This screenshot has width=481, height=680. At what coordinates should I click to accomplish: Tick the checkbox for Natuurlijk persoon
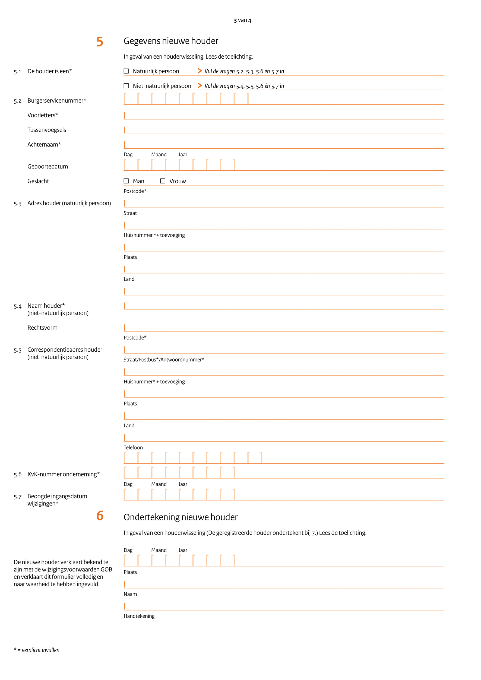point(126,71)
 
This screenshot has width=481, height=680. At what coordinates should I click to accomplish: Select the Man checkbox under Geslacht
point(126,181)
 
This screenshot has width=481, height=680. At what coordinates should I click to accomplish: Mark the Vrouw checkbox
point(163,181)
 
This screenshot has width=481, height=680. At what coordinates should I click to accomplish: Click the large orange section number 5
point(100,42)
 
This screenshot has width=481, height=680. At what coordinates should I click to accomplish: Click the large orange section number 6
point(100,516)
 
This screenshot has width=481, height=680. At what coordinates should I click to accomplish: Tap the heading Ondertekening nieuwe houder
point(180,517)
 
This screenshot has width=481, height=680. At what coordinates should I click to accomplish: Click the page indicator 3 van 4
point(242,20)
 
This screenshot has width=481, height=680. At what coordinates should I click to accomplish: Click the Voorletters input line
point(284,116)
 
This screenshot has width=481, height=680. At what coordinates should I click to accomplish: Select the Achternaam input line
point(284,145)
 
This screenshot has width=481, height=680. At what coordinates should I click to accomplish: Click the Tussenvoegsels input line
point(284,130)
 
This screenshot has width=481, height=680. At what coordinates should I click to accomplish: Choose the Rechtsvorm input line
point(284,328)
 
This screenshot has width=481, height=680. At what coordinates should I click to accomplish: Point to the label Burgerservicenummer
point(56,101)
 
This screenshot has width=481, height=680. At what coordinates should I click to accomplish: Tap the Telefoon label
point(133,447)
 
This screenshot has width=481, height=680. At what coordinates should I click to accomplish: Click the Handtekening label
point(139,616)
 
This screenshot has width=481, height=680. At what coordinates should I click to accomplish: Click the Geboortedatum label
point(48,166)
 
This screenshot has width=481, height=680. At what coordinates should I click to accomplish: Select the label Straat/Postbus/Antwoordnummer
point(164,360)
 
